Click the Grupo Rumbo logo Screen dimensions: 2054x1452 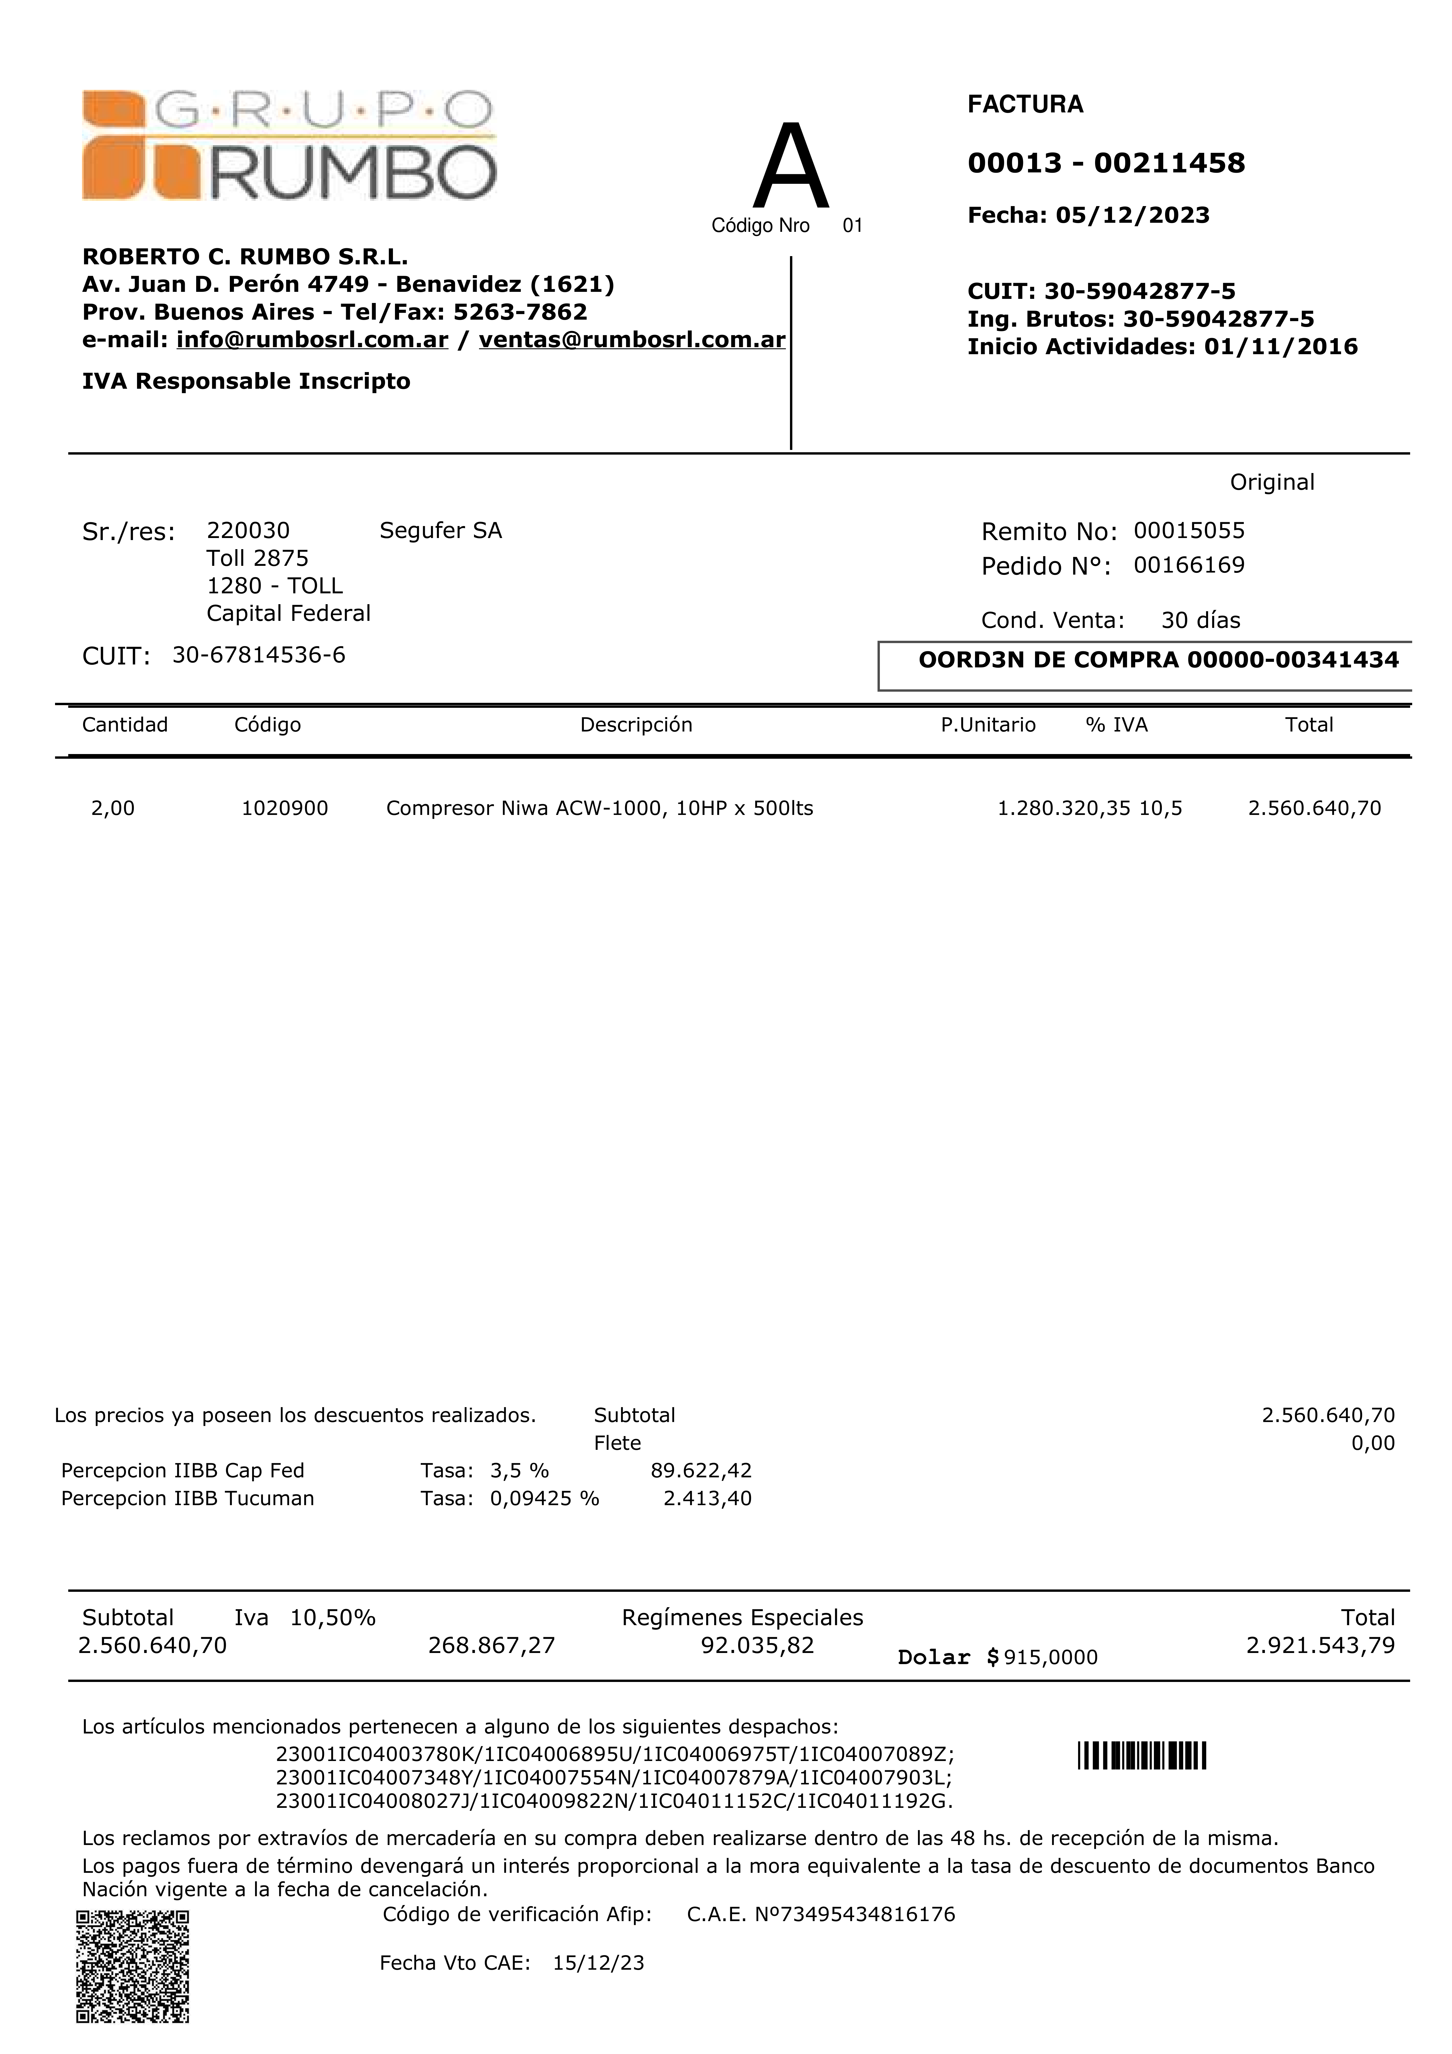(288, 145)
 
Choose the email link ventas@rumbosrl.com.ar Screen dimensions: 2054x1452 (632, 340)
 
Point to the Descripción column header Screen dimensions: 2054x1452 (636, 725)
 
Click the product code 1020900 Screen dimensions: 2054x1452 (285, 809)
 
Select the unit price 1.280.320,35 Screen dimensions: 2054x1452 (1064, 809)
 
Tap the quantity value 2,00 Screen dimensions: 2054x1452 (113, 809)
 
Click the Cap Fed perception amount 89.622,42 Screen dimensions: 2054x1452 (700, 1471)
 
